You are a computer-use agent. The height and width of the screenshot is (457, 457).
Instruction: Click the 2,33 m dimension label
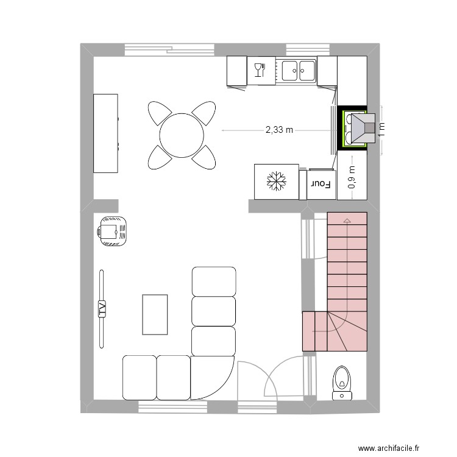coord(279,130)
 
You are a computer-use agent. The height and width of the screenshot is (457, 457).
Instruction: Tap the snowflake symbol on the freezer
coord(276,182)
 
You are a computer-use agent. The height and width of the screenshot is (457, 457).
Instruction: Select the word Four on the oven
coord(321,183)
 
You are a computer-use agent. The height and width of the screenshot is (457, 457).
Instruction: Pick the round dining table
coord(182,134)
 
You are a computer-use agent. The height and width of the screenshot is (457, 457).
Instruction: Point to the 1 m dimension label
coord(382,129)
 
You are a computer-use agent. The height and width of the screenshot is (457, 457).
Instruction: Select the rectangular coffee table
coord(155,314)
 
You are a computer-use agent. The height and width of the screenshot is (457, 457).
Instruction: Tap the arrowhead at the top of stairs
coord(347,220)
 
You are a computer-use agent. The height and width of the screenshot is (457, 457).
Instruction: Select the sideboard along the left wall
coord(105,133)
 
